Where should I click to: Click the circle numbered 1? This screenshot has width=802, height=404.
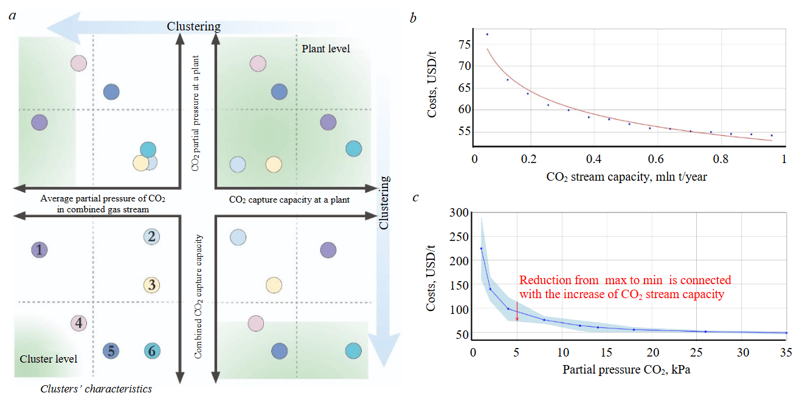(x=39, y=249)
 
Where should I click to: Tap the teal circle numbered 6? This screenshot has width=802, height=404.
(x=152, y=350)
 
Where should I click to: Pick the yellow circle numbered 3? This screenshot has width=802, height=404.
(x=152, y=284)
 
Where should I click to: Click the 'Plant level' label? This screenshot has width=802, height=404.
(x=326, y=49)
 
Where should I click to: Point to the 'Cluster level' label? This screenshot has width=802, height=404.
(x=49, y=359)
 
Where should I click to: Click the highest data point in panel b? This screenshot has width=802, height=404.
(x=487, y=34)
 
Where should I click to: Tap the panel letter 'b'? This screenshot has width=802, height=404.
(x=413, y=18)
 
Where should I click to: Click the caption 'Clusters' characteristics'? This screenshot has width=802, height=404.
(x=96, y=389)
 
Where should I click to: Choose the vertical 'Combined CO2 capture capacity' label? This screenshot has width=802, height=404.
(x=198, y=296)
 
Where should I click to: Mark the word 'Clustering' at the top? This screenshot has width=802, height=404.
(x=194, y=27)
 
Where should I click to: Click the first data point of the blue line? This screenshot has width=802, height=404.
(x=481, y=248)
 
